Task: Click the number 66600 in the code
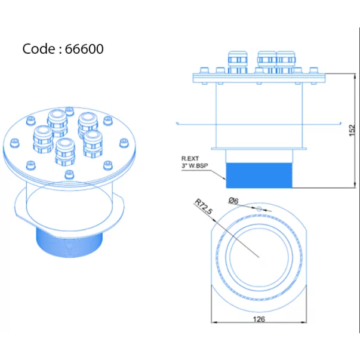pos(84,49)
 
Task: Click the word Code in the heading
pos(39,49)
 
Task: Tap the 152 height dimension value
pos(352,130)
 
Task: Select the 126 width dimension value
pos(259,319)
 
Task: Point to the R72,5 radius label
pos(204,207)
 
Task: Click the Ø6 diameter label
pos(233,201)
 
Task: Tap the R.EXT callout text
pos(190,158)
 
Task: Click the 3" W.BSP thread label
pos(195,165)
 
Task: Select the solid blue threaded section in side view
pos(259,176)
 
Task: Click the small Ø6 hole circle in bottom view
pos(259,209)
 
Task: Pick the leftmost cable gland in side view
pos(238,62)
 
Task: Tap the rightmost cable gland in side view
pos(285,62)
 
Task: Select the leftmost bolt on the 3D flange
pos(15,143)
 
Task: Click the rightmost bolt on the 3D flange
pos(124,143)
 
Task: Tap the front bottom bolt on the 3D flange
pos(69,174)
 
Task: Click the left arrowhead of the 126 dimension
pos(214,322)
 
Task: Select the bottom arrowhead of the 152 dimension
pos(355,185)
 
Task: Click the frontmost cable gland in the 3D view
pos(65,151)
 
